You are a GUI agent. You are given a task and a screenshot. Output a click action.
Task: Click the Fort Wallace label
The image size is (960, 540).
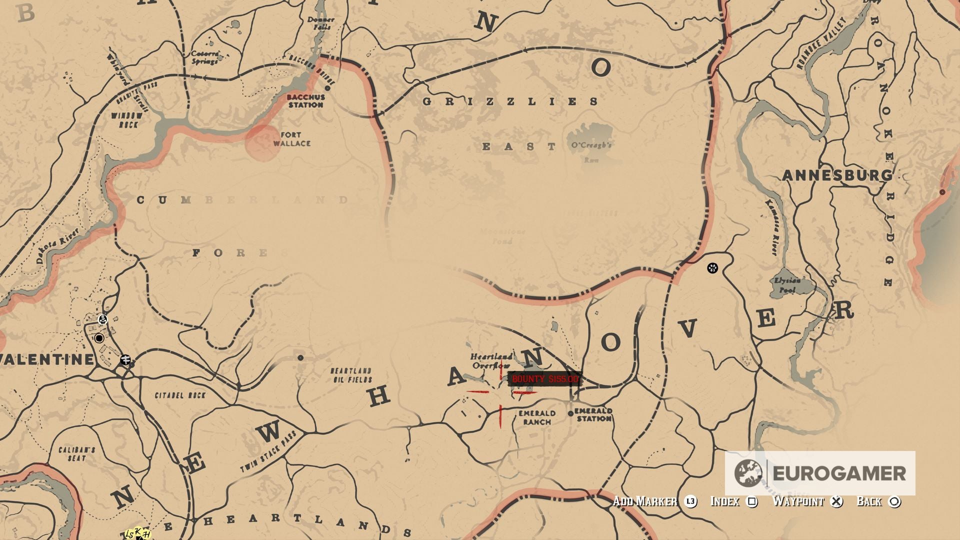click(x=291, y=139)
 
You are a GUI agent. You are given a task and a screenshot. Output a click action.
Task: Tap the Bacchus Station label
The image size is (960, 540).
click(x=305, y=101)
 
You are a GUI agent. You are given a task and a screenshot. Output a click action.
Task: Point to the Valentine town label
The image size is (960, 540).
click(x=46, y=359)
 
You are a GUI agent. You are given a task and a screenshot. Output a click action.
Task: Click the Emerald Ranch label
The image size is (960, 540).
click(x=537, y=417)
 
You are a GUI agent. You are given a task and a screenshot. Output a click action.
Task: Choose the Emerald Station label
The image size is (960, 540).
click(x=593, y=414)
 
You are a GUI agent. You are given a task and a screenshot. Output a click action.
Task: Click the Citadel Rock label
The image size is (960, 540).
click(x=180, y=395)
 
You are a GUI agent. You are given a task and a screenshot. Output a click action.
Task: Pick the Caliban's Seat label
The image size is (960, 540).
click(x=76, y=454)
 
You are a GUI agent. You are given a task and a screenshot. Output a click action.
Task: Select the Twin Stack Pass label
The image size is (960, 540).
click(x=268, y=451)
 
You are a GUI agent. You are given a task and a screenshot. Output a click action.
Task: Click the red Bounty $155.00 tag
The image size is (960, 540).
click(x=544, y=379)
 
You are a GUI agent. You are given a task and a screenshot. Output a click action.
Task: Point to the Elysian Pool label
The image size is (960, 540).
click(x=787, y=285)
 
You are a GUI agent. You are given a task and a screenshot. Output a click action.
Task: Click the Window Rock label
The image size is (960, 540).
click(x=127, y=120)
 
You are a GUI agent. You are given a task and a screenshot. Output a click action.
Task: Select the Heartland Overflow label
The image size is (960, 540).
click(x=491, y=360)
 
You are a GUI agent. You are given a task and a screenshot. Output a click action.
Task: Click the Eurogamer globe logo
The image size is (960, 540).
click(x=748, y=473)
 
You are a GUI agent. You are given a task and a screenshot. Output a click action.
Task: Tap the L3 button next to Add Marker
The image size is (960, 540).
click(x=690, y=501)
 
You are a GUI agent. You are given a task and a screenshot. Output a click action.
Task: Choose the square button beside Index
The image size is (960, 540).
click(x=751, y=501)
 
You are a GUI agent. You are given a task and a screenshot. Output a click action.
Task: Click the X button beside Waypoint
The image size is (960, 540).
click(x=836, y=501)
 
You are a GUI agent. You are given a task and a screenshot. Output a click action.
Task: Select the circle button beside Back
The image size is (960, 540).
click(x=894, y=501)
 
